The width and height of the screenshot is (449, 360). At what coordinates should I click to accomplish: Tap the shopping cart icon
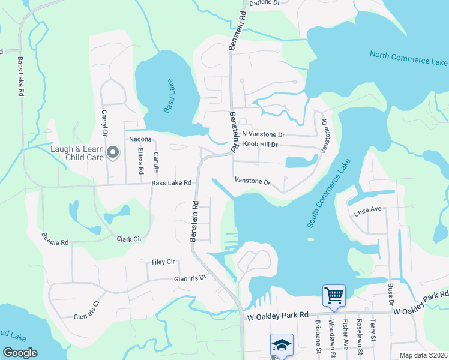point(333,295)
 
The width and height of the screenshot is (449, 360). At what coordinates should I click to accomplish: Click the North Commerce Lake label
point(409,58)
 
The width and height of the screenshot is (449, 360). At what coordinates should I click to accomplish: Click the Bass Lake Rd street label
point(171,183)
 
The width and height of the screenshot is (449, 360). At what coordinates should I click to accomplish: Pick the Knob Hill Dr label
point(260,145)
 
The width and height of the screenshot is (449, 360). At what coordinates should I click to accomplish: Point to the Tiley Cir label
point(163,262)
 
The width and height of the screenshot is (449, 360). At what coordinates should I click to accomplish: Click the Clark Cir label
point(129,239)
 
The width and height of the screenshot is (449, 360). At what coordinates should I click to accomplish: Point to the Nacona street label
point(140,139)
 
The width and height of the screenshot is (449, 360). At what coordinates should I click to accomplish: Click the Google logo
point(20,353)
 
